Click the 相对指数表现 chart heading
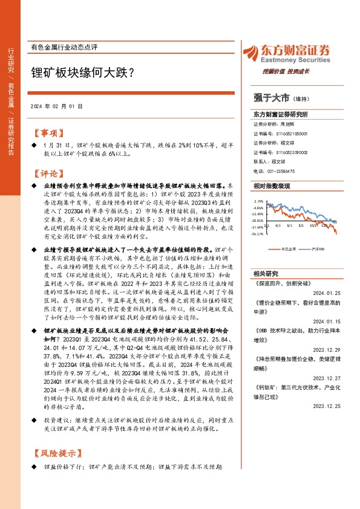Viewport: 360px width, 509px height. pos(272,187)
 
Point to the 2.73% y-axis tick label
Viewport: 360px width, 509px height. pos(259,201)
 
